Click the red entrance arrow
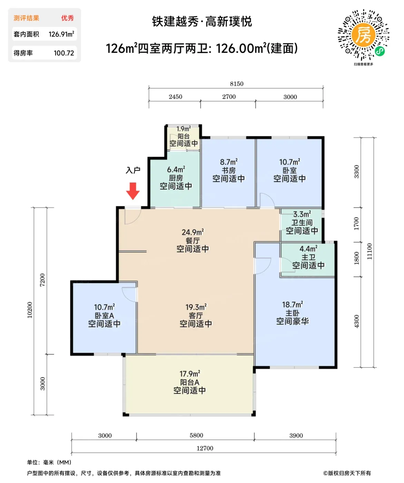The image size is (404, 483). [132, 191]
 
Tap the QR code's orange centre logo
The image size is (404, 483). [363, 35]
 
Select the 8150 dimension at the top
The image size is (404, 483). [236, 84]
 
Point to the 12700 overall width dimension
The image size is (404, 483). [205, 448]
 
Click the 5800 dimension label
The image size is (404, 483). [196, 435]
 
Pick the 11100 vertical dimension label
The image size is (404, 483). [369, 252]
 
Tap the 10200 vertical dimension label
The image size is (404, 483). [30, 310]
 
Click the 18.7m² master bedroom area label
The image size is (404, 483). [293, 305]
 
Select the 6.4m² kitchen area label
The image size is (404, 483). [176, 169]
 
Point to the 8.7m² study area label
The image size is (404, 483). [229, 162]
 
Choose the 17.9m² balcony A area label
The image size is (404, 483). [190, 374]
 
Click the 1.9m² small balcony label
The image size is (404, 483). [184, 129]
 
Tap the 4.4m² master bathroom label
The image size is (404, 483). [308, 249]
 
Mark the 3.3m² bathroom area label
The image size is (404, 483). [302, 214]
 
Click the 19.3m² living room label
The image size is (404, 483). [196, 307]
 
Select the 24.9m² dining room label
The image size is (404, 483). [193, 232]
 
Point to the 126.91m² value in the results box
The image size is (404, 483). [61, 34]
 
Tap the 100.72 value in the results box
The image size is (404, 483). [64, 53]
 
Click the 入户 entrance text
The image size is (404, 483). [133, 170]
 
